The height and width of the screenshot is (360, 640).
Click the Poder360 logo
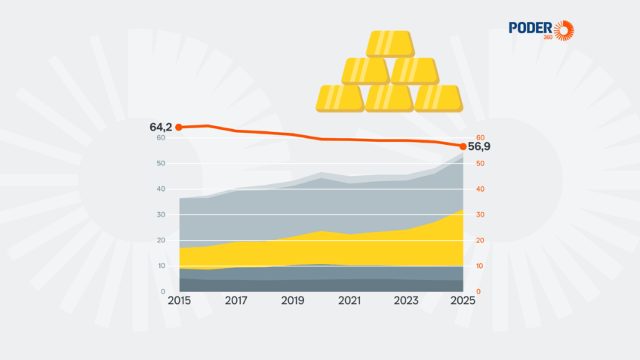pos(541,30)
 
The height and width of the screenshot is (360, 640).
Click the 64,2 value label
pos(162,127)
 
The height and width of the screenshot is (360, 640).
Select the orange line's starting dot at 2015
pos(179,127)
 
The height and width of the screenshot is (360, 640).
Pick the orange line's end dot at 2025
pos(463,146)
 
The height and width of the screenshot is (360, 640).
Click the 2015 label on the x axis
pos(180,300)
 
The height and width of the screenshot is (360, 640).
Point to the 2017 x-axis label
pos(236,300)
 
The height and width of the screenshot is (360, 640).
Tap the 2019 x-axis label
pos(293,300)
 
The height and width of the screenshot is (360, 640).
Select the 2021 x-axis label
pos(349,300)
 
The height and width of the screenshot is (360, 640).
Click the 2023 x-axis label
pos(406,300)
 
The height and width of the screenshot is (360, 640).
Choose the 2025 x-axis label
pos(462,300)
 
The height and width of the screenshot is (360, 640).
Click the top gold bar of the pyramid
pos(389,44)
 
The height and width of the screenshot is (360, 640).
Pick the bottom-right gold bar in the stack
pos(438,99)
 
